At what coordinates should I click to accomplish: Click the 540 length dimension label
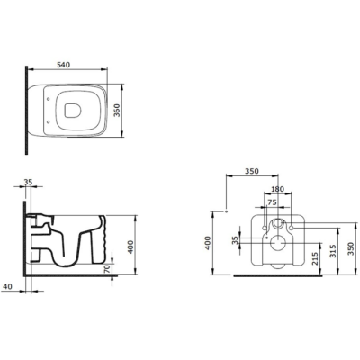(x=63, y=65)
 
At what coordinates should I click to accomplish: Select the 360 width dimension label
(x=117, y=111)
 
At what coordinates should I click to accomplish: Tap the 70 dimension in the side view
(x=107, y=268)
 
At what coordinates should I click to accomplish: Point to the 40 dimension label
(x=7, y=286)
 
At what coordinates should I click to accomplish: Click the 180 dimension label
(x=277, y=189)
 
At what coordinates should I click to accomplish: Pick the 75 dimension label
(x=272, y=202)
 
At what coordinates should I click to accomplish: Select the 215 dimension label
(x=315, y=258)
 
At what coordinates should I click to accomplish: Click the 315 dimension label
(x=333, y=251)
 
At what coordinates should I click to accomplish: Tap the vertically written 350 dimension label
(x=351, y=248)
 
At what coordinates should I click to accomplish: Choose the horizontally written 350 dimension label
(x=252, y=171)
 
